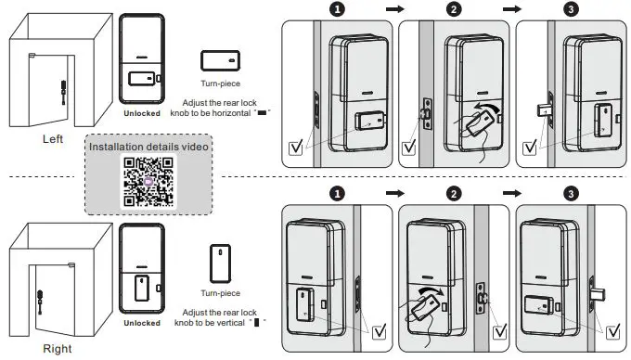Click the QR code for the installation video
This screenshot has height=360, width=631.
pyautogui.click(x=148, y=182)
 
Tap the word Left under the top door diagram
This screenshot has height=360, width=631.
pyautogui.click(x=53, y=139)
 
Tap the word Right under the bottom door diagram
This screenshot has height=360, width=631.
pyautogui.click(x=58, y=349)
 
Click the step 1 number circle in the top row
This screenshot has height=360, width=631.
pyautogui.click(x=337, y=9)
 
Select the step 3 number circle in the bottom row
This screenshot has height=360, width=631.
pyautogui.click(x=571, y=194)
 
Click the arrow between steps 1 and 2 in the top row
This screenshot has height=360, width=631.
pyautogui.click(x=394, y=9)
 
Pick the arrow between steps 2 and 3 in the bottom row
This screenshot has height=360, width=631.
pyautogui.click(x=512, y=194)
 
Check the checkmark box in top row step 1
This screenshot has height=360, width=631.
pyautogui.click(x=296, y=148)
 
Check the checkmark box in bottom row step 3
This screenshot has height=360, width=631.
pyautogui.click(x=612, y=332)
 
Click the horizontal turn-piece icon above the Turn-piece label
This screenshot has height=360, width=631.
pyautogui.click(x=220, y=60)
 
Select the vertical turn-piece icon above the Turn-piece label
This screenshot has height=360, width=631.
pyautogui.click(x=220, y=264)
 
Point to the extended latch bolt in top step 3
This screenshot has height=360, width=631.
pyautogui.click(x=543, y=110)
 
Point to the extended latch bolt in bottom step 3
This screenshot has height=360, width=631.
pyautogui.click(x=599, y=295)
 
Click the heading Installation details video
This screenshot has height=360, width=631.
pyautogui.click(x=148, y=147)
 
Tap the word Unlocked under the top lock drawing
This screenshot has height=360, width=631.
pyautogui.click(x=142, y=113)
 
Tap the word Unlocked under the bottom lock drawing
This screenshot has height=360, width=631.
pyautogui.click(x=142, y=323)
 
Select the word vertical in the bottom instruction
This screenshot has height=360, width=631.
pyautogui.click(x=229, y=323)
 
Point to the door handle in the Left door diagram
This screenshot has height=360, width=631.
pyautogui.click(x=64, y=93)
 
